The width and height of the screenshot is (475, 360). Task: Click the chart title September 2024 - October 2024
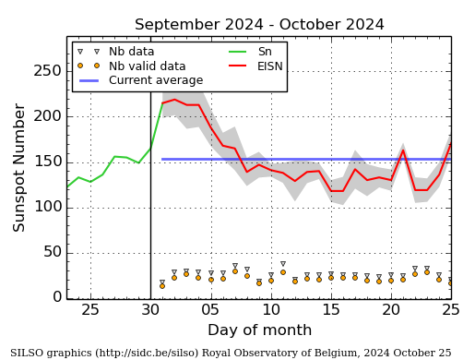(x=259, y=25)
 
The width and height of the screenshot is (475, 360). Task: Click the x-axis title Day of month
(x=259, y=330)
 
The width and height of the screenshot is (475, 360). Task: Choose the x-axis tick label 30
(x=150, y=309)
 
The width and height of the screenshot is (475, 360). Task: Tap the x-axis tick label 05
(x=210, y=309)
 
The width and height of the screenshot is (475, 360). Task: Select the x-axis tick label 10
(x=271, y=309)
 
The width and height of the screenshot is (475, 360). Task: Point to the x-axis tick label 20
(x=391, y=309)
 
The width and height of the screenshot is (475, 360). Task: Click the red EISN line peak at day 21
(x=403, y=150)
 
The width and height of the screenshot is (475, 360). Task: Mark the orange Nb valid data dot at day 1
(x=162, y=285)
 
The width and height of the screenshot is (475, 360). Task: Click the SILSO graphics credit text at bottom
(x=231, y=353)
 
